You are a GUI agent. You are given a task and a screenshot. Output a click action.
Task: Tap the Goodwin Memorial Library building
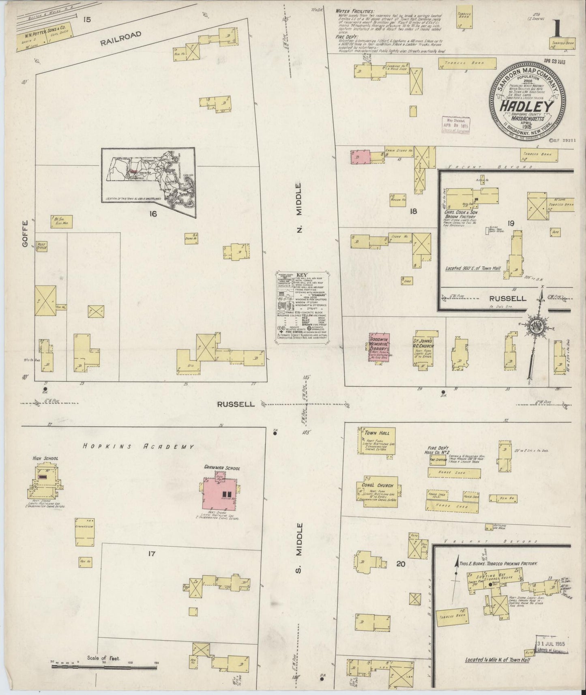coord(380,348)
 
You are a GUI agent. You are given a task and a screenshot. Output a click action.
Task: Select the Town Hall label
coord(377,433)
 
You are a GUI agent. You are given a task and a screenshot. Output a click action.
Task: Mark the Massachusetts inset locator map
coord(148,175)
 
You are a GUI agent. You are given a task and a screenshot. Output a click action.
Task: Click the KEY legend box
coord(302,308)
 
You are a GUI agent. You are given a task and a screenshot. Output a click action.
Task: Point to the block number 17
coord(151,553)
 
